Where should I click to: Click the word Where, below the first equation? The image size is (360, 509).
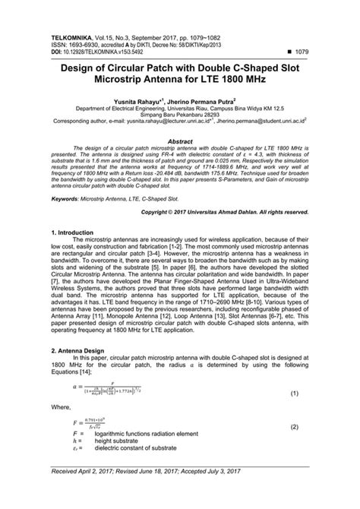[61, 428]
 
